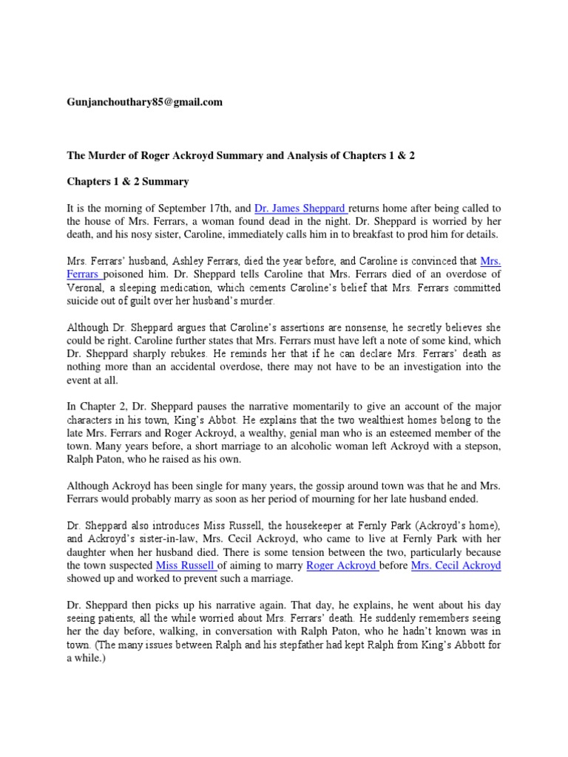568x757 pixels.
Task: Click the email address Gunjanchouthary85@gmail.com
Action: click(145, 102)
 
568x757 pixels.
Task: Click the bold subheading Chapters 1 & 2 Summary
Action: click(129, 181)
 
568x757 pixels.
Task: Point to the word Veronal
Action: click(87, 288)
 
